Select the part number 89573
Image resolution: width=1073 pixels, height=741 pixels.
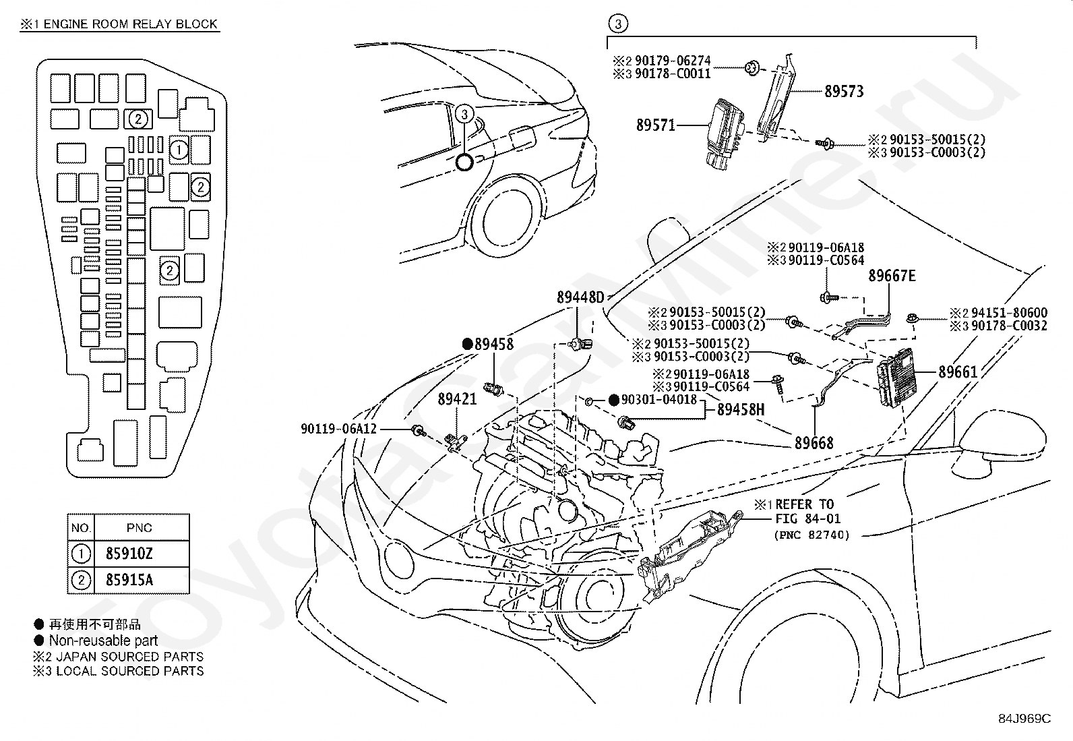(x=843, y=91)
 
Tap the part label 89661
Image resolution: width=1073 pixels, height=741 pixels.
(x=958, y=372)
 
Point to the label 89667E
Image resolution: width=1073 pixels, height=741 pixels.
(x=892, y=276)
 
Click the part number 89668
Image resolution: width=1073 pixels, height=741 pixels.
(x=814, y=443)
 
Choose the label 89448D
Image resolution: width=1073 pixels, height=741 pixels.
(x=580, y=297)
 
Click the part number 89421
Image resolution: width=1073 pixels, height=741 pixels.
(x=457, y=399)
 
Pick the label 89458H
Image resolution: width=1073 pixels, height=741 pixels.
(x=741, y=409)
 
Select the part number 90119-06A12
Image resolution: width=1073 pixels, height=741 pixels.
(x=338, y=429)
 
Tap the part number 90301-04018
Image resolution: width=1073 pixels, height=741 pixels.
(x=658, y=400)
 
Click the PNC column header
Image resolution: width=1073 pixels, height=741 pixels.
(x=140, y=528)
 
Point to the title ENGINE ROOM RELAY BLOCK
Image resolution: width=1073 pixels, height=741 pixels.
(x=131, y=24)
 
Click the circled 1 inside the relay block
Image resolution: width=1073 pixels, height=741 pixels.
(x=179, y=150)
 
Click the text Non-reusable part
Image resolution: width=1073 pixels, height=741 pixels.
(x=103, y=641)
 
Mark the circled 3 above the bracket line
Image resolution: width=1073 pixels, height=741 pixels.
(x=618, y=25)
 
